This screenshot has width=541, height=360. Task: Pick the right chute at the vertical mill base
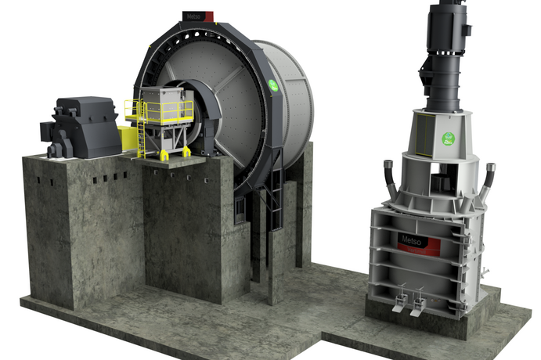pyautogui.click(x=418, y=303)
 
